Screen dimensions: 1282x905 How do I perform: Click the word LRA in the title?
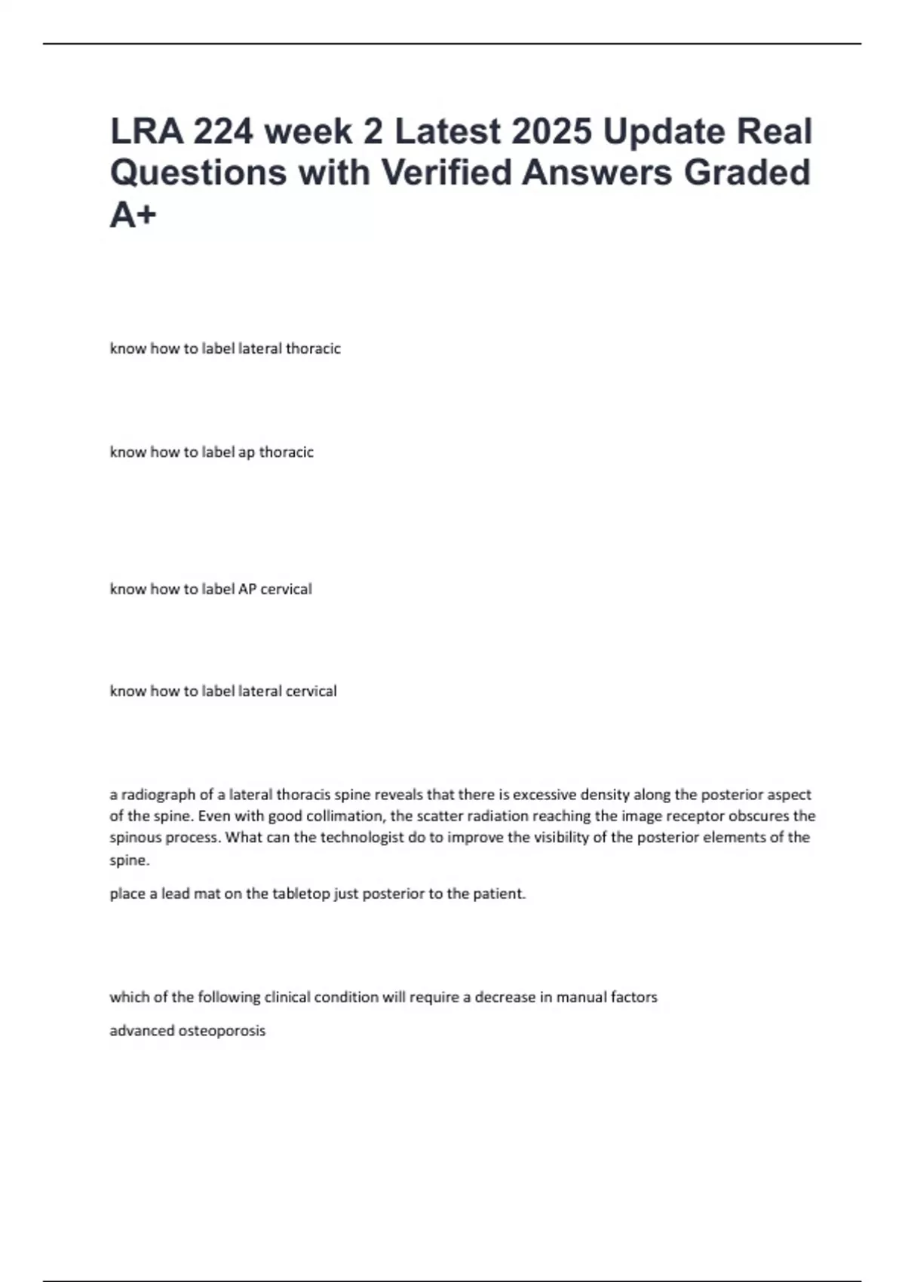146,131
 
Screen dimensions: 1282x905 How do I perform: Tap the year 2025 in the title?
551,131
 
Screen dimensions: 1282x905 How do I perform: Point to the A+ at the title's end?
133,215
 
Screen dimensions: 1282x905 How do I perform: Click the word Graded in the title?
747,172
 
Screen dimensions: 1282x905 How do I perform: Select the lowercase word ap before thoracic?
247,452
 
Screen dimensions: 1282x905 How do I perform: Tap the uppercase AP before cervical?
247,589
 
